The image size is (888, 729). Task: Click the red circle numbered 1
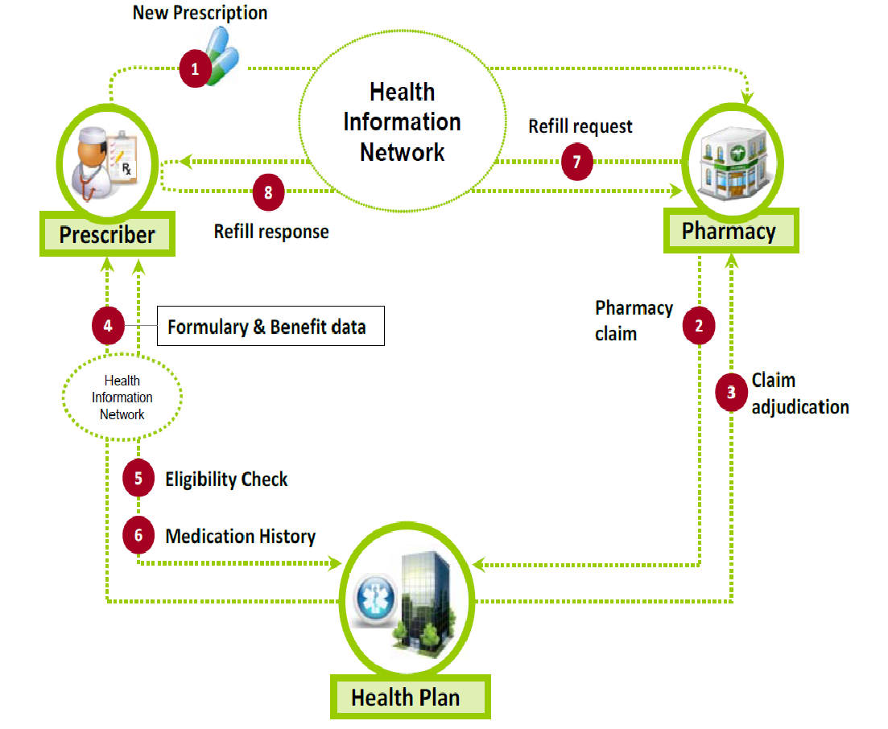coord(194,68)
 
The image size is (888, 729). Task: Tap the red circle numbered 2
coord(699,326)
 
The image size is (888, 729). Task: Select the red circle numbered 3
coord(731,393)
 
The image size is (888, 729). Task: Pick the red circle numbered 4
coord(107,326)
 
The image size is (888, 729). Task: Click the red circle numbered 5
coord(138,479)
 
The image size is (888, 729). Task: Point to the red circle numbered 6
coord(138,536)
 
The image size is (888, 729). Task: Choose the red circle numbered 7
coord(576,162)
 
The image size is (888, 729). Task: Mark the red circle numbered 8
coord(268,192)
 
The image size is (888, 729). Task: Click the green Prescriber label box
coord(107,235)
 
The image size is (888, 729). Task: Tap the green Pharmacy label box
coord(730,232)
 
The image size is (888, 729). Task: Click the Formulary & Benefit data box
coord(270,327)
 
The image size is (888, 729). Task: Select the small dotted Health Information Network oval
coord(122,397)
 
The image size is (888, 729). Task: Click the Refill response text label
coord(271,232)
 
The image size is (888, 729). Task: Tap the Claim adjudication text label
coord(799,393)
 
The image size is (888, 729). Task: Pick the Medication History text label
coord(240,536)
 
